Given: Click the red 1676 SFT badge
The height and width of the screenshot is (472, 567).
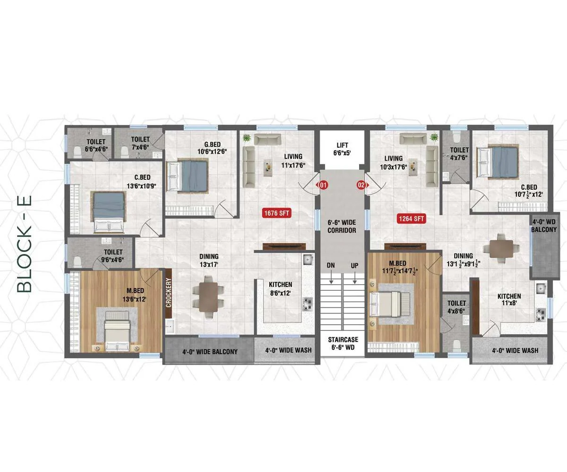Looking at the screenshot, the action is click(277, 213).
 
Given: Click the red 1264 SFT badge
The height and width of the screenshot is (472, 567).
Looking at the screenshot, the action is click(412, 219).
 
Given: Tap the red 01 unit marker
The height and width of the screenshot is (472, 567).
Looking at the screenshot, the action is click(323, 185).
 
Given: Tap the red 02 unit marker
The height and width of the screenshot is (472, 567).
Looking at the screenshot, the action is click(362, 185).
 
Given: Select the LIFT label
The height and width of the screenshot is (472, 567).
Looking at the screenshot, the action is click(342, 145).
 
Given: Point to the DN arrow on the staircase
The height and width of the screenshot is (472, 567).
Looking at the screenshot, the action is click(331, 278).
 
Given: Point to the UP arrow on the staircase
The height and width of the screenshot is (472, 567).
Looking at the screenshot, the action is click(355, 278).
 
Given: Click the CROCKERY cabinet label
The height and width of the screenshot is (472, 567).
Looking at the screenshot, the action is click(169, 293).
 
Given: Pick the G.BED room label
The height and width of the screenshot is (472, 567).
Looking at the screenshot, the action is click(213, 144).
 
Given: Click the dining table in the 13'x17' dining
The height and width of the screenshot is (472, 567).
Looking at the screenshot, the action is click(208, 297).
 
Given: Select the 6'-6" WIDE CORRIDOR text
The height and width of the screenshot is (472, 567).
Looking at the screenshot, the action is click(342, 227).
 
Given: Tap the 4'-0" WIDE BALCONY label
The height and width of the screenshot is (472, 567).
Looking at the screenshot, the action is click(210, 352).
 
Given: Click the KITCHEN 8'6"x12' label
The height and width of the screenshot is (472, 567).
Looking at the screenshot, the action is click(281, 288).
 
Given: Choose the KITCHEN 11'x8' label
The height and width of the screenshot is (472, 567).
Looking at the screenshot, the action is click(509, 299).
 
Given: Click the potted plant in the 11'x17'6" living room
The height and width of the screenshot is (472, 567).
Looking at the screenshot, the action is click(247, 138).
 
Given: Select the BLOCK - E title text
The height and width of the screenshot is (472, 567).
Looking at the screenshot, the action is click(25, 244).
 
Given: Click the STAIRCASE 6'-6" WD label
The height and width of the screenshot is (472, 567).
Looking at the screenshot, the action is click(343, 343).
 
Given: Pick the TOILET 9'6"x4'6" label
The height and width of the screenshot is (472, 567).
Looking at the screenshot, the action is click(113, 256).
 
